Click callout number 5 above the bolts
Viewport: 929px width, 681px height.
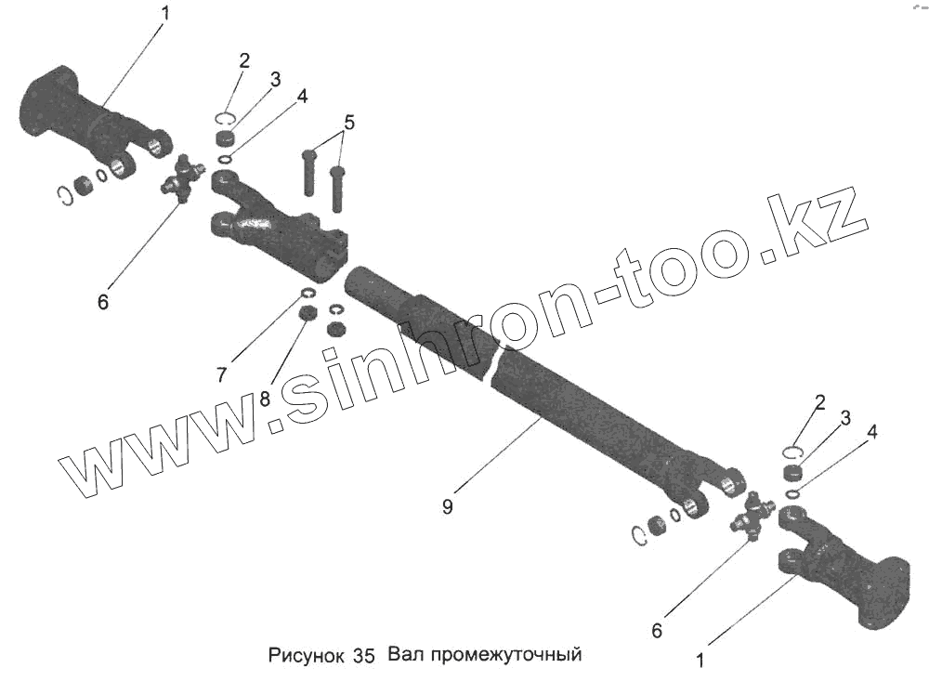(x=348, y=123)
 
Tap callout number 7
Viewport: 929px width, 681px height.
(x=222, y=374)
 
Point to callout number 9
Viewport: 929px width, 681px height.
(x=448, y=507)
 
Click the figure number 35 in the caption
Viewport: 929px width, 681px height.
(x=363, y=655)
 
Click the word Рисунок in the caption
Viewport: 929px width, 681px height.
(x=307, y=655)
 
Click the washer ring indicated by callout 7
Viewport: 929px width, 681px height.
(x=307, y=295)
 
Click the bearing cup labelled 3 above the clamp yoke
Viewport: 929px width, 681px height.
(x=224, y=139)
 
